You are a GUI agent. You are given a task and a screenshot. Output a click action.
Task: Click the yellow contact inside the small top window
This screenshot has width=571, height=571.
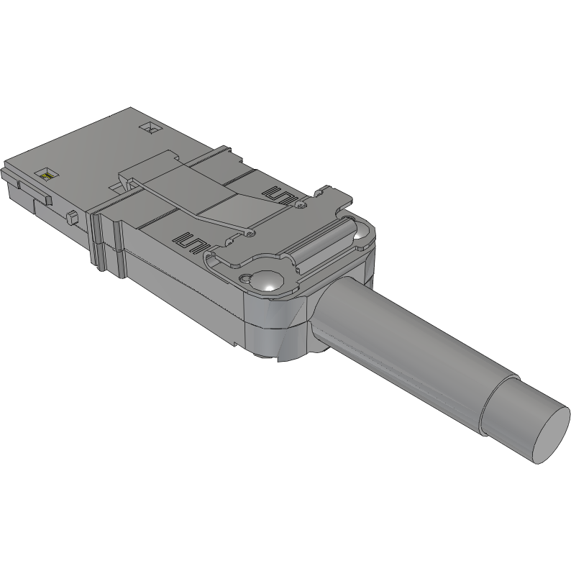pos(47,174)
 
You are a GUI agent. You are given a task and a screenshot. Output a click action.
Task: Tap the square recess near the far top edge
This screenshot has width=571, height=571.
pos(151,129)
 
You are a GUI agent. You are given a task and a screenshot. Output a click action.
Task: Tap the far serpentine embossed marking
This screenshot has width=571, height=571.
pos(281,196)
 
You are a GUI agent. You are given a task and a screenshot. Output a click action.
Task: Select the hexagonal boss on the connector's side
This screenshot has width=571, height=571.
pos(72,217)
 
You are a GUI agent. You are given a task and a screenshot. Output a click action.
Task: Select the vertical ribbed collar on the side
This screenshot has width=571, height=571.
pos(100,241)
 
